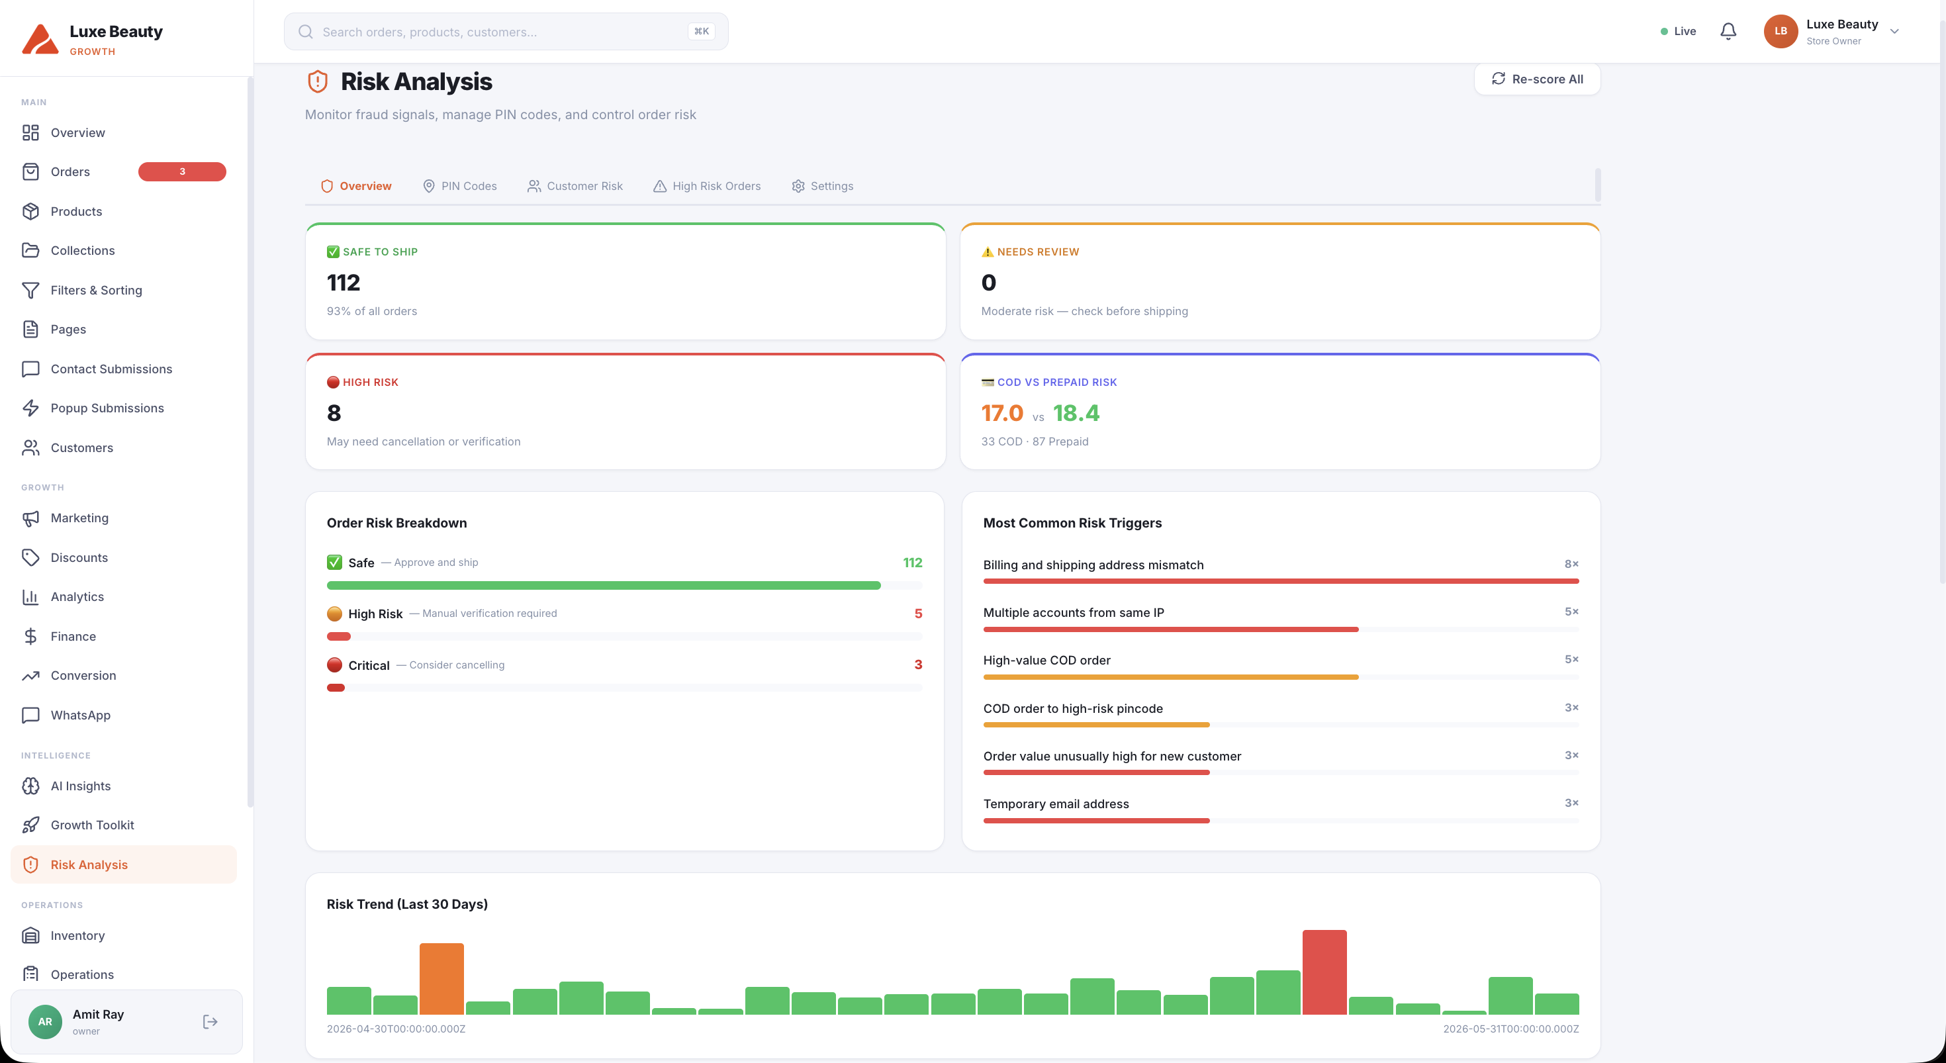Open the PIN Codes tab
459,186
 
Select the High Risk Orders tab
706,186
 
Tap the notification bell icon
1728,31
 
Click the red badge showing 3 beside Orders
182,171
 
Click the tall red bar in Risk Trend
1324,972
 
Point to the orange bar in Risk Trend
441,978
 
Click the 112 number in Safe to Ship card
343,283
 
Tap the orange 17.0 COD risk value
1001,413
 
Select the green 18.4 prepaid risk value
1076,413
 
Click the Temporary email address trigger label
1055,804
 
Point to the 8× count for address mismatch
1571,564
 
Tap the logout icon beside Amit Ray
210,1021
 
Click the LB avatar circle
1780,31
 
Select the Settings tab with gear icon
822,186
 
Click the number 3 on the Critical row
918,665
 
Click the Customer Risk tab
575,186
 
